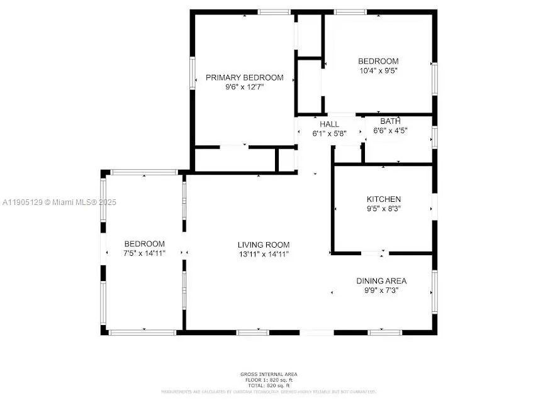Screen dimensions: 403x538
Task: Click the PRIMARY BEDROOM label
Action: (245, 78)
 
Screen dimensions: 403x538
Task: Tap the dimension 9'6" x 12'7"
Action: (245, 87)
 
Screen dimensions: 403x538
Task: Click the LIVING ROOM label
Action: (263, 245)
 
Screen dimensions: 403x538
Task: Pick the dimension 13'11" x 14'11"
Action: (263, 254)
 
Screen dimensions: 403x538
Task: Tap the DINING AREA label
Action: (381, 281)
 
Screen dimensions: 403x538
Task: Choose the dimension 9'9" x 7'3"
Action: (381, 290)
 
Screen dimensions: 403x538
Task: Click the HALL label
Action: (329, 124)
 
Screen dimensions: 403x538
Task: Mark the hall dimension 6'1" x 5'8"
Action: (329, 134)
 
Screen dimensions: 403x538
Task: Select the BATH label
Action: (390, 121)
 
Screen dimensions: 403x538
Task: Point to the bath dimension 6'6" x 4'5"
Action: (390, 131)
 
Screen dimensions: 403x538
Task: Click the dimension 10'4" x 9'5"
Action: (378, 70)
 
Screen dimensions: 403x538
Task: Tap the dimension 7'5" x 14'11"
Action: (144, 253)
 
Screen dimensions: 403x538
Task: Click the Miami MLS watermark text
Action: (60, 202)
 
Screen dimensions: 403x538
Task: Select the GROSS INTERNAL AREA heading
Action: (269, 375)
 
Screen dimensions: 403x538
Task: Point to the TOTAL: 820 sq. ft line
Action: (269, 385)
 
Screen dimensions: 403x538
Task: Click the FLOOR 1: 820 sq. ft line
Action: (269, 380)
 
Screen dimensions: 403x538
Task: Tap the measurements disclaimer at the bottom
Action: (269, 392)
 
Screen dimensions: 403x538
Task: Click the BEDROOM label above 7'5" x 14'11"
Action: (144, 244)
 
